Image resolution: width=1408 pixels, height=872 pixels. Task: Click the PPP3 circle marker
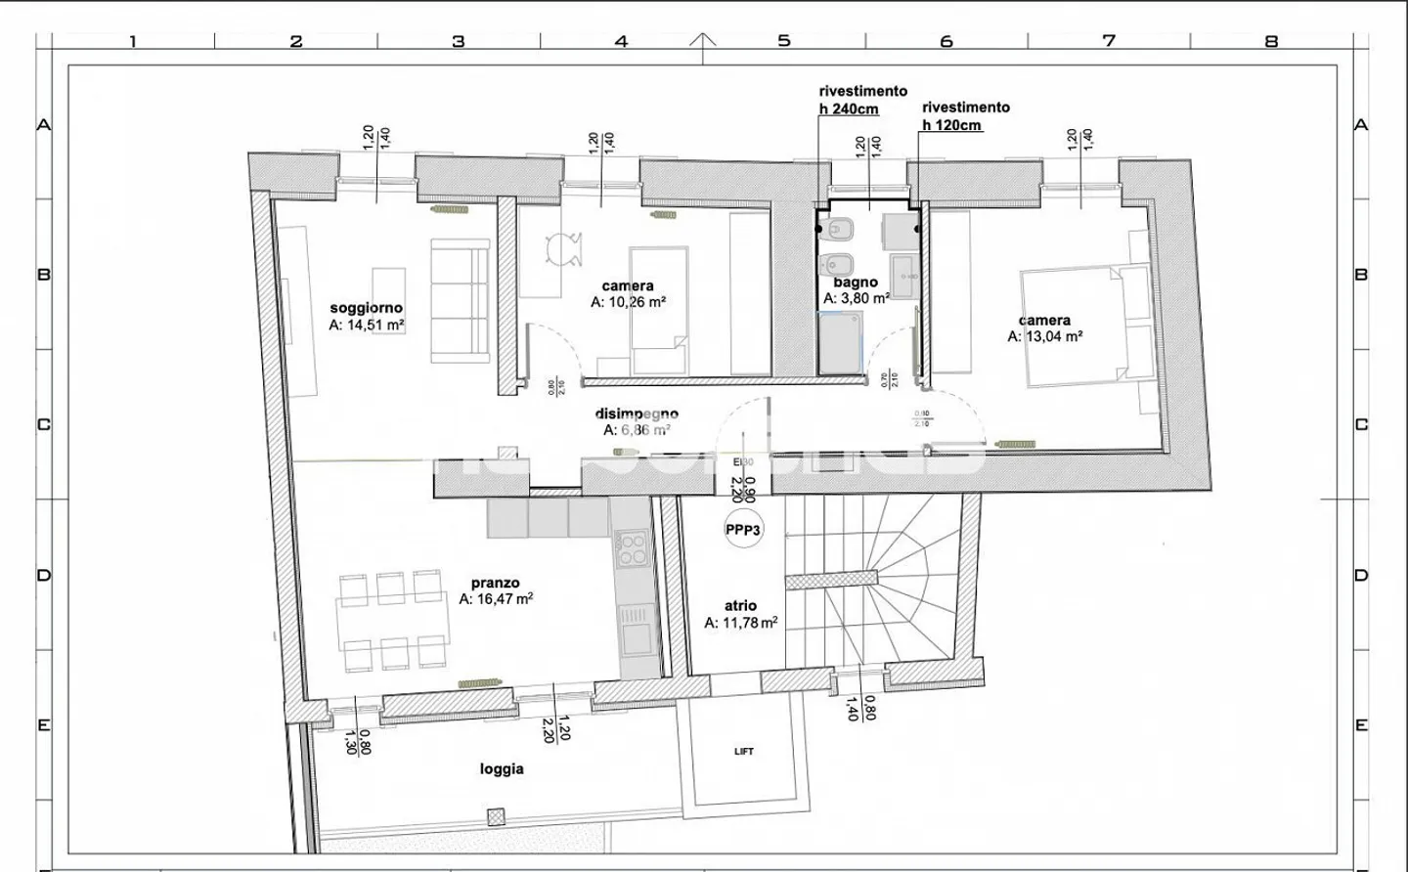pos(743,530)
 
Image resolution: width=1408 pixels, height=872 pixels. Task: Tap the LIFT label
pos(744,752)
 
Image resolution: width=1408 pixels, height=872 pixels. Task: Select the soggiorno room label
pos(366,308)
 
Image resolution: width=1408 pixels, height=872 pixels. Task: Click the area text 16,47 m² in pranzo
pos(496,599)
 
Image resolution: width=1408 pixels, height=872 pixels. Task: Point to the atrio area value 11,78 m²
pos(741,623)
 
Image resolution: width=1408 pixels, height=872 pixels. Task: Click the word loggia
pos(502,769)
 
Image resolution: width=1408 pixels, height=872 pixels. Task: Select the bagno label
pos(856,283)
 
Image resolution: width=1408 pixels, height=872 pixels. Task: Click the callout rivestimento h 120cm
pos(965,115)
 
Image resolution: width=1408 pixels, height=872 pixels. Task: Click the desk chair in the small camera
pos(563,249)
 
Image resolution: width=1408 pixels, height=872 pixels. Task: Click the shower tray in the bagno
pos(841,343)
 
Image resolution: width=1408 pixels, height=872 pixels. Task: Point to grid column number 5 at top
pos(783,41)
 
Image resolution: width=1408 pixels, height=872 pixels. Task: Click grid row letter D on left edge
pos(44,575)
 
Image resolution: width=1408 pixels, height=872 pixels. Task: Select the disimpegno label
pos(637,414)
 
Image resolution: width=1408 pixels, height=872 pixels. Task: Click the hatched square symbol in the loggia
pos(498,814)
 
